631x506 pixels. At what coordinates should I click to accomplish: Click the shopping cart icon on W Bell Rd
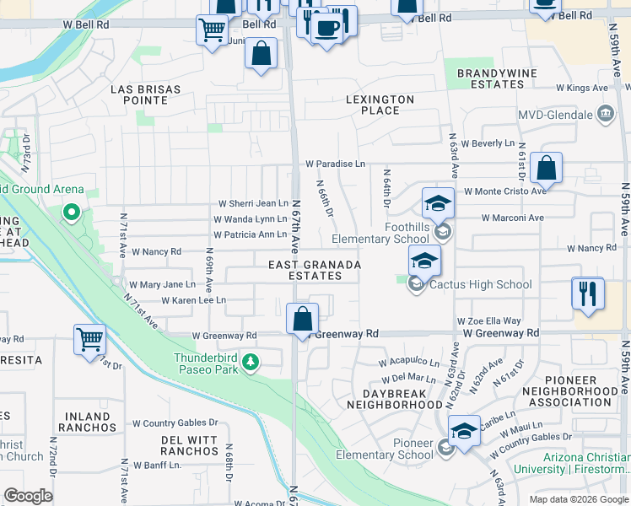pos(211,30)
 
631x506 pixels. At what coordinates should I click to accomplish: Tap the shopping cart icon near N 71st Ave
pos(89,339)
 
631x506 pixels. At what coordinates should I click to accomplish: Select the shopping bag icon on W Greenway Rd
pos(302,319)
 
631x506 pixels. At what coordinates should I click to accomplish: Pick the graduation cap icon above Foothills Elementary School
pos(438,202)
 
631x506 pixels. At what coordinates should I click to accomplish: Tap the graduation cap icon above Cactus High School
pos(424,260)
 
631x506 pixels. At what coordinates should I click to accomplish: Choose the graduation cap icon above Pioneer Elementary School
pos(464,430)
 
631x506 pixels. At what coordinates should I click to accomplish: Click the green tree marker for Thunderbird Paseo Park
pos(250,362)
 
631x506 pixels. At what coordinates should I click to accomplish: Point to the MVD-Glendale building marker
pos(604,113)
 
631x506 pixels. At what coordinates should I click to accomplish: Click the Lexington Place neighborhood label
pos(380,105)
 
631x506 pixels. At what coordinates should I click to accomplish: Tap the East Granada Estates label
pos(315,270)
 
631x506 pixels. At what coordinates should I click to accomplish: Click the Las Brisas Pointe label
pos(139,94)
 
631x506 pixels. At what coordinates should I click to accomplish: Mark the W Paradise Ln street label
pos(335,163)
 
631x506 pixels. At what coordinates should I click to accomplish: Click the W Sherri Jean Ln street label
pos(253,203)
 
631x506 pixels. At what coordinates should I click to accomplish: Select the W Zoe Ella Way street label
pos(488,321)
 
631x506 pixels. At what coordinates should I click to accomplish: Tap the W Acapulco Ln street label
pos(408,362)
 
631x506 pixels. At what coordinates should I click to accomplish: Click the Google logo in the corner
pos(28,496)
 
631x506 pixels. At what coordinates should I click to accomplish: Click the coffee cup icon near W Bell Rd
pos(326,27)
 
